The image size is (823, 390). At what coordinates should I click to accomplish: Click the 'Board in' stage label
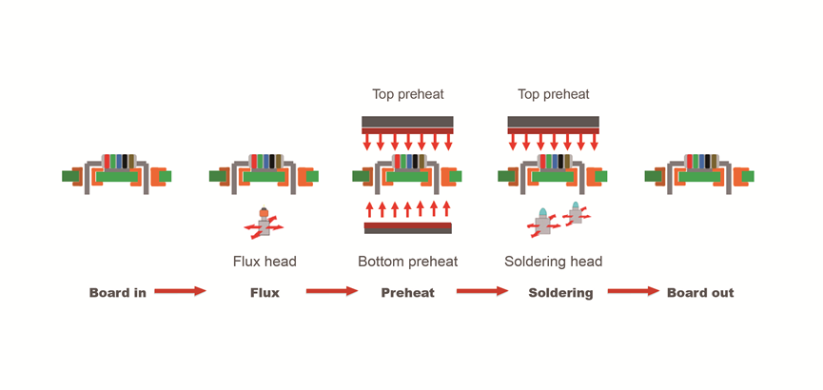point(118,292)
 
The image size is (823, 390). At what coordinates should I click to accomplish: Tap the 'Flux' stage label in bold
point(265,292)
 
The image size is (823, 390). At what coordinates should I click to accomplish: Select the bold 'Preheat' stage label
point(408,292)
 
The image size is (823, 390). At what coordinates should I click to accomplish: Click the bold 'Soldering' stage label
point(560,293)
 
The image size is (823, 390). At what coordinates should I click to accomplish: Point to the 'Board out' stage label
point(700,292)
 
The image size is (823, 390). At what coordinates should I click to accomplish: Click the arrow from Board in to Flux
point(181,291)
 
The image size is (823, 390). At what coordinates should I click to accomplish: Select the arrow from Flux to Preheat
point(332,291)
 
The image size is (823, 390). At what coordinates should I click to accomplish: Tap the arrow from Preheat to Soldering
point(482,291)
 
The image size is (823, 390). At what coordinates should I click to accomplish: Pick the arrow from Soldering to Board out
point(634,291)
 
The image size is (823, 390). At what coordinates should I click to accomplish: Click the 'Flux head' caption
point(265,261)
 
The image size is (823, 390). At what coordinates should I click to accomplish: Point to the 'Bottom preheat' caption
point(408,262)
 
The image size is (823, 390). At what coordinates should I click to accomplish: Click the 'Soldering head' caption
point(553,262)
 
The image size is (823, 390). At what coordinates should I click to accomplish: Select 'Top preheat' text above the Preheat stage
point(408,95)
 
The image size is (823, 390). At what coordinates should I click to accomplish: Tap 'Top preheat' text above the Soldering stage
point(553,95)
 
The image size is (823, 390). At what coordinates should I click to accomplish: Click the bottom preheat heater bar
point(408,227)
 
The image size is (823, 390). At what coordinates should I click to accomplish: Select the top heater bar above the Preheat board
point(407,125)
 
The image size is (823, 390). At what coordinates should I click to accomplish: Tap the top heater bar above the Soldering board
point(553,125)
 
